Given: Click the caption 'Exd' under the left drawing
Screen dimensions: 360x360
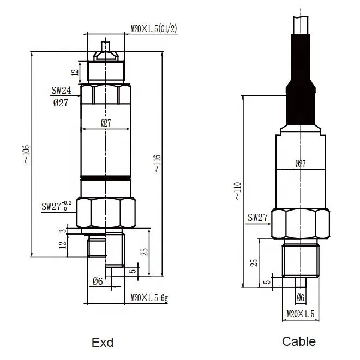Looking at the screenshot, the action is click(x=103, y=343).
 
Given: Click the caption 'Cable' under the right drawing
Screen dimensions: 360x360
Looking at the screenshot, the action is click(x=299, y=341).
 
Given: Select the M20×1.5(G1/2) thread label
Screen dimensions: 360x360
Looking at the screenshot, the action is click(x=154, y=29).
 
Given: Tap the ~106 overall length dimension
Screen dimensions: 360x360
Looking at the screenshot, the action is click(x=27, y=154).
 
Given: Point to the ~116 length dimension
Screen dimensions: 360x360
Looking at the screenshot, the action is click(x=158, y=164).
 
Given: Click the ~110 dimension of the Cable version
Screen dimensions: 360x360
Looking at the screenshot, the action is click(x=238, y=191).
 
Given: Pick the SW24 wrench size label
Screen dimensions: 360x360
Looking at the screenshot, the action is click(x=61, y=91).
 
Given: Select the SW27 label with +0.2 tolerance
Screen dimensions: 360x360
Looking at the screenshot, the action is click(x=57, y=206).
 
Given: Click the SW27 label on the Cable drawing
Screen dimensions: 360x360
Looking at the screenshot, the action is click(x=258, y=217).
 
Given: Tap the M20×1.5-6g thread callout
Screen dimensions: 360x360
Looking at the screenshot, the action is click(x=149, y=298).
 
